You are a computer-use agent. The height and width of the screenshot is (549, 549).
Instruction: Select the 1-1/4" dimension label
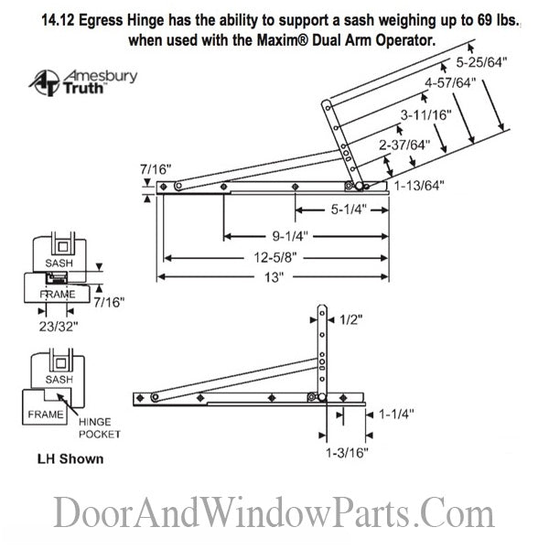[x=395, y=414]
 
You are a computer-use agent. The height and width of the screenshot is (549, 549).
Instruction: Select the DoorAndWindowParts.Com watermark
[x=274, y=512]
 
